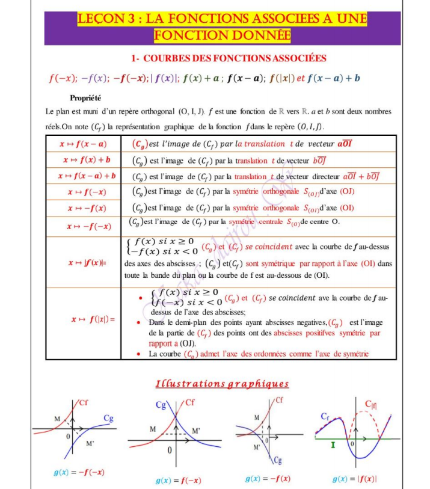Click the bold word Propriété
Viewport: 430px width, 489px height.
85,98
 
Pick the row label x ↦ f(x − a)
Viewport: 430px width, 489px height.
83,144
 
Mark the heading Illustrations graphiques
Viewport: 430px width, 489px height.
222,384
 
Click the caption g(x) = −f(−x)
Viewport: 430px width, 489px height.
78,472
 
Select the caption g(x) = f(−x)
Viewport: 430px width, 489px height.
177,481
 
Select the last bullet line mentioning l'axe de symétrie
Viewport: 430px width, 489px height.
259,354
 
